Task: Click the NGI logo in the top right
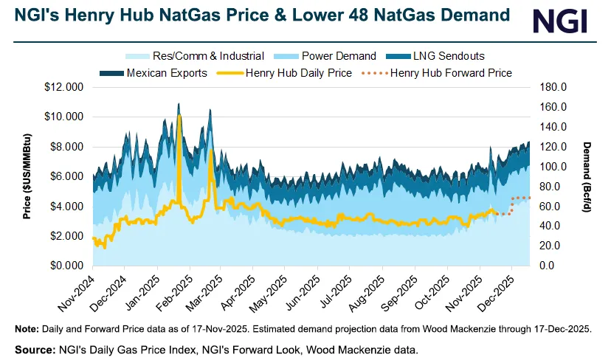pos(560,21)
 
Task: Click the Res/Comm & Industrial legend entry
pos(197,56)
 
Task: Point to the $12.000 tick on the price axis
pos(64,87)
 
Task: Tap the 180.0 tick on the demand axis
pos(551,87)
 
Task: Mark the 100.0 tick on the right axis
pos(551,167)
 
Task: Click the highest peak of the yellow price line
pos(179,117)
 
